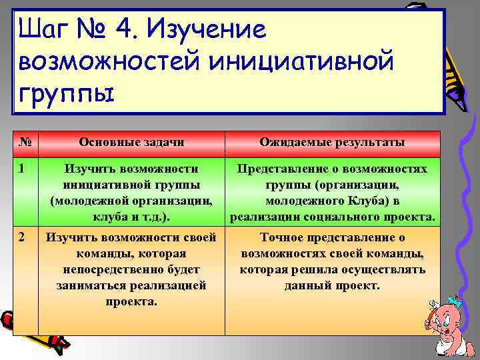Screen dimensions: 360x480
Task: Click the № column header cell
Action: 25,143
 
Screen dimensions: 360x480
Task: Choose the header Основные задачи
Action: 131,143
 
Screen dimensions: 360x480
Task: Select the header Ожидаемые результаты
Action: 332,143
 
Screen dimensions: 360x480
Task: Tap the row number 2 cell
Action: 25,237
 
